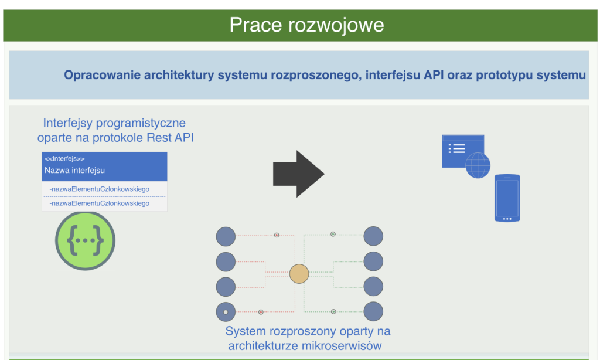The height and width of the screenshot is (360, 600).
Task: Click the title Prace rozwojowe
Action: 306,25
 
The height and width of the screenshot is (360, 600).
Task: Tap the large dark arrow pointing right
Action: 299,174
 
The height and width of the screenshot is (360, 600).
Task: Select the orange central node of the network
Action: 299,274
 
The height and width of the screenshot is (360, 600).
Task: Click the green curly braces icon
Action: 85,240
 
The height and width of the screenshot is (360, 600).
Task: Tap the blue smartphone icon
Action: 507,198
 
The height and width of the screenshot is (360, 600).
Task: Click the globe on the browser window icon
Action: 478,165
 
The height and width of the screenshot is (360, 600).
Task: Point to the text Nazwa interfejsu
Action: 74,171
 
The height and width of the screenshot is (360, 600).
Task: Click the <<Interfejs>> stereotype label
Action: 64,159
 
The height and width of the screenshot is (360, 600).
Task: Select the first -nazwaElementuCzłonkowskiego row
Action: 100,189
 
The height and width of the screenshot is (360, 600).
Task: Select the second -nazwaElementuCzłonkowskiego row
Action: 100,203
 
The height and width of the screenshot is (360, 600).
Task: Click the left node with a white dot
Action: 226,312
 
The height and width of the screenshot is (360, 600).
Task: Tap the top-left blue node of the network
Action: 226,236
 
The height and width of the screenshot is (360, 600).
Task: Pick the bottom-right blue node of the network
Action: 373,311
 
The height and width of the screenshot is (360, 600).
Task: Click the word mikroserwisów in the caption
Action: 342,346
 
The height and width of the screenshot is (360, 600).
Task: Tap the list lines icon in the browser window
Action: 456,148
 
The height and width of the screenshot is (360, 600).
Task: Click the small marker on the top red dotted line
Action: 277,235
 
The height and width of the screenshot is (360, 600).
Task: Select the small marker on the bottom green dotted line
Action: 333,312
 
